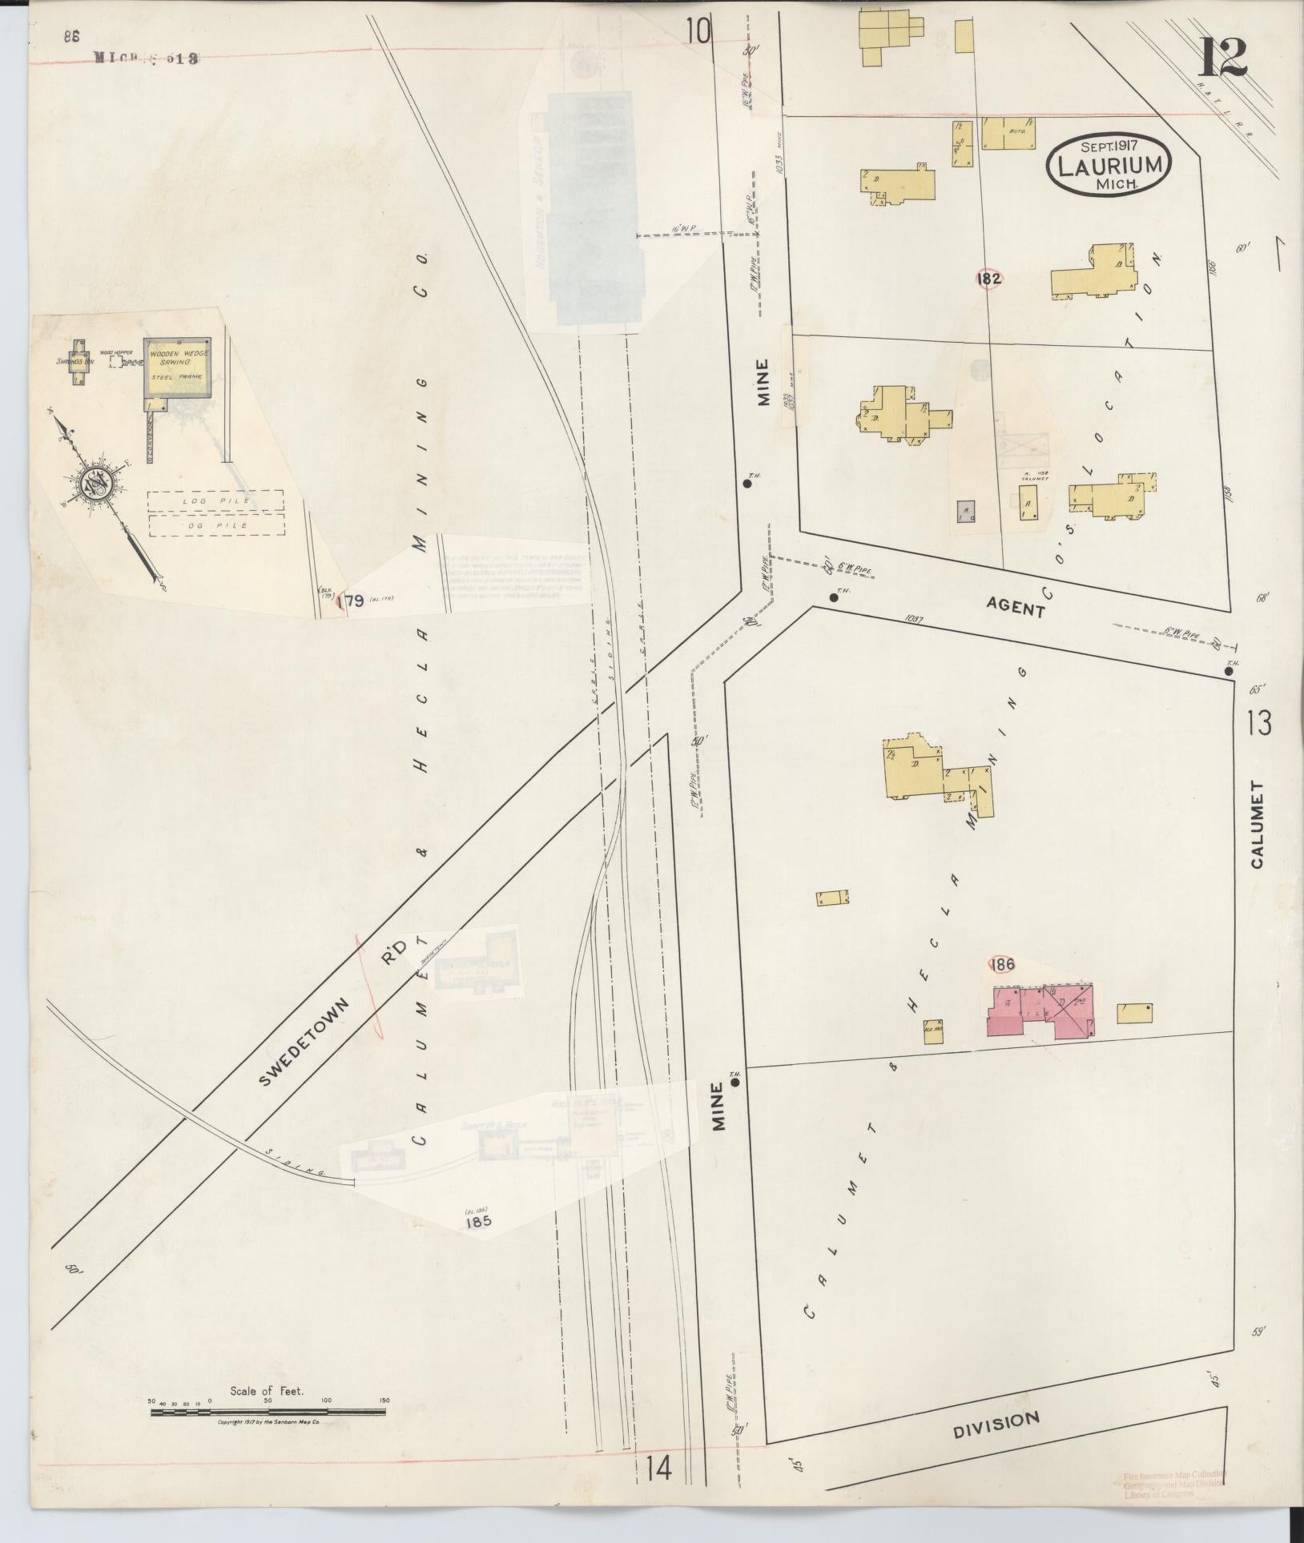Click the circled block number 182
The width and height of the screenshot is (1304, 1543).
[988, 278]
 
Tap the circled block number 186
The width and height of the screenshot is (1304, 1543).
[1002, 964]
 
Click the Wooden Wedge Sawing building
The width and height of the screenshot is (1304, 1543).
[177, 366]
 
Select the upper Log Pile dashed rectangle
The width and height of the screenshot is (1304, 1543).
[215, 500]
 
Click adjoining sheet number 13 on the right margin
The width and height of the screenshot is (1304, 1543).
[1258, 723]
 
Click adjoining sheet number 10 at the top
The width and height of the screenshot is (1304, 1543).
[697, 32]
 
